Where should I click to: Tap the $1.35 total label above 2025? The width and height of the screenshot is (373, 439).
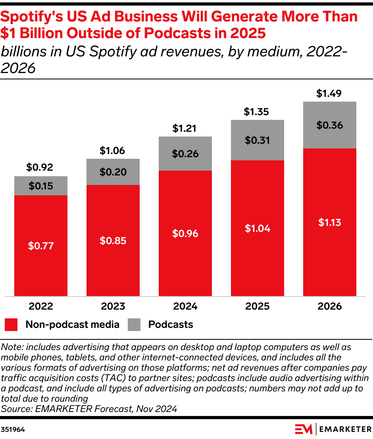point(257,112)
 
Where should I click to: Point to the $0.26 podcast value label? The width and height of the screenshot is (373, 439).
point(185,154)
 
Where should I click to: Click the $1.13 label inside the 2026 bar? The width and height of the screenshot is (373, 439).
point(329,223)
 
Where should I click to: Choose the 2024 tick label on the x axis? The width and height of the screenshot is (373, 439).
point(185,306)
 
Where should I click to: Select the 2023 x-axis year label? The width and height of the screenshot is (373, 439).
point(113,306)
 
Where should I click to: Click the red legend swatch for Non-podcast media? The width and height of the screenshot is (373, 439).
point(11,325)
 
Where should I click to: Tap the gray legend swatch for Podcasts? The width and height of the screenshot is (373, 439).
point(134,325)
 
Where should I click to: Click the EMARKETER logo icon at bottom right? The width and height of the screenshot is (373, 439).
point(304,429)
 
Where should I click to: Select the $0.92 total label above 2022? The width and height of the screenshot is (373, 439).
point(40,168)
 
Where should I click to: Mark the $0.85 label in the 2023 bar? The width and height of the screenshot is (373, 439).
point(113,241)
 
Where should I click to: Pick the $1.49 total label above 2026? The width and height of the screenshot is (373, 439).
point(329,94)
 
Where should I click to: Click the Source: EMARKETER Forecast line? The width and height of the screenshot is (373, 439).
point(89,408)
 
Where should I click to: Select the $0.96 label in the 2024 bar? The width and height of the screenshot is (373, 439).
point(185,234)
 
